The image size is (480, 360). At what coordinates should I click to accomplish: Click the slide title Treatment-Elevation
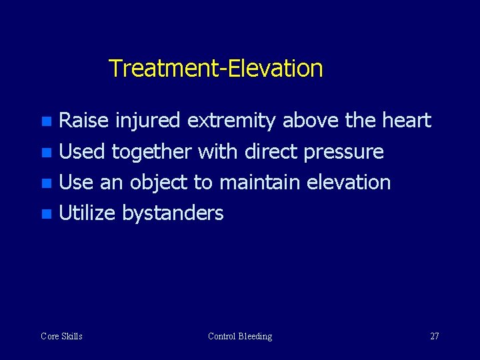[215, 68]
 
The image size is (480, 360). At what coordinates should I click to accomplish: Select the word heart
[407, 121]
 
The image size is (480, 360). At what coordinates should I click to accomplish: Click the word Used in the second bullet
[82, 152]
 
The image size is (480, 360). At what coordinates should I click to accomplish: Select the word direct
[271, 152]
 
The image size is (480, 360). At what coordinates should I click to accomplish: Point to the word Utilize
[87, 213]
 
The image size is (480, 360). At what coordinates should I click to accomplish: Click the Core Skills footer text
[61, 336]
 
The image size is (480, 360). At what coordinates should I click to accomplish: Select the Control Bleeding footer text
[240, 336]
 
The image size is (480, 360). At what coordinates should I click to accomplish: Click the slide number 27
[434, 336]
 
